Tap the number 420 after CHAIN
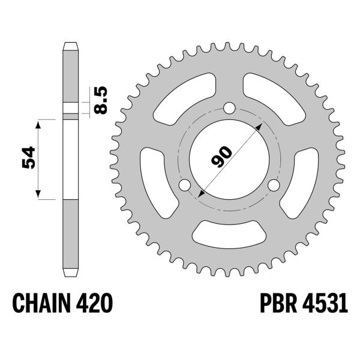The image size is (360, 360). click(94, 303)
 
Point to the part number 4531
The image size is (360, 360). click(325, 303)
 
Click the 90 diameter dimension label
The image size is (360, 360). click(221, 156)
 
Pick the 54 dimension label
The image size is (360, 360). click(28, 157)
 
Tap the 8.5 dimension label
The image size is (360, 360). click(101, 100)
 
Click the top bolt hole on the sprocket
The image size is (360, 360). click(229, 108)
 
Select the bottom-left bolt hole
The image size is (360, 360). click(185, 185)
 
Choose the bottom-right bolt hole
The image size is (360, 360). click(274, 185)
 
